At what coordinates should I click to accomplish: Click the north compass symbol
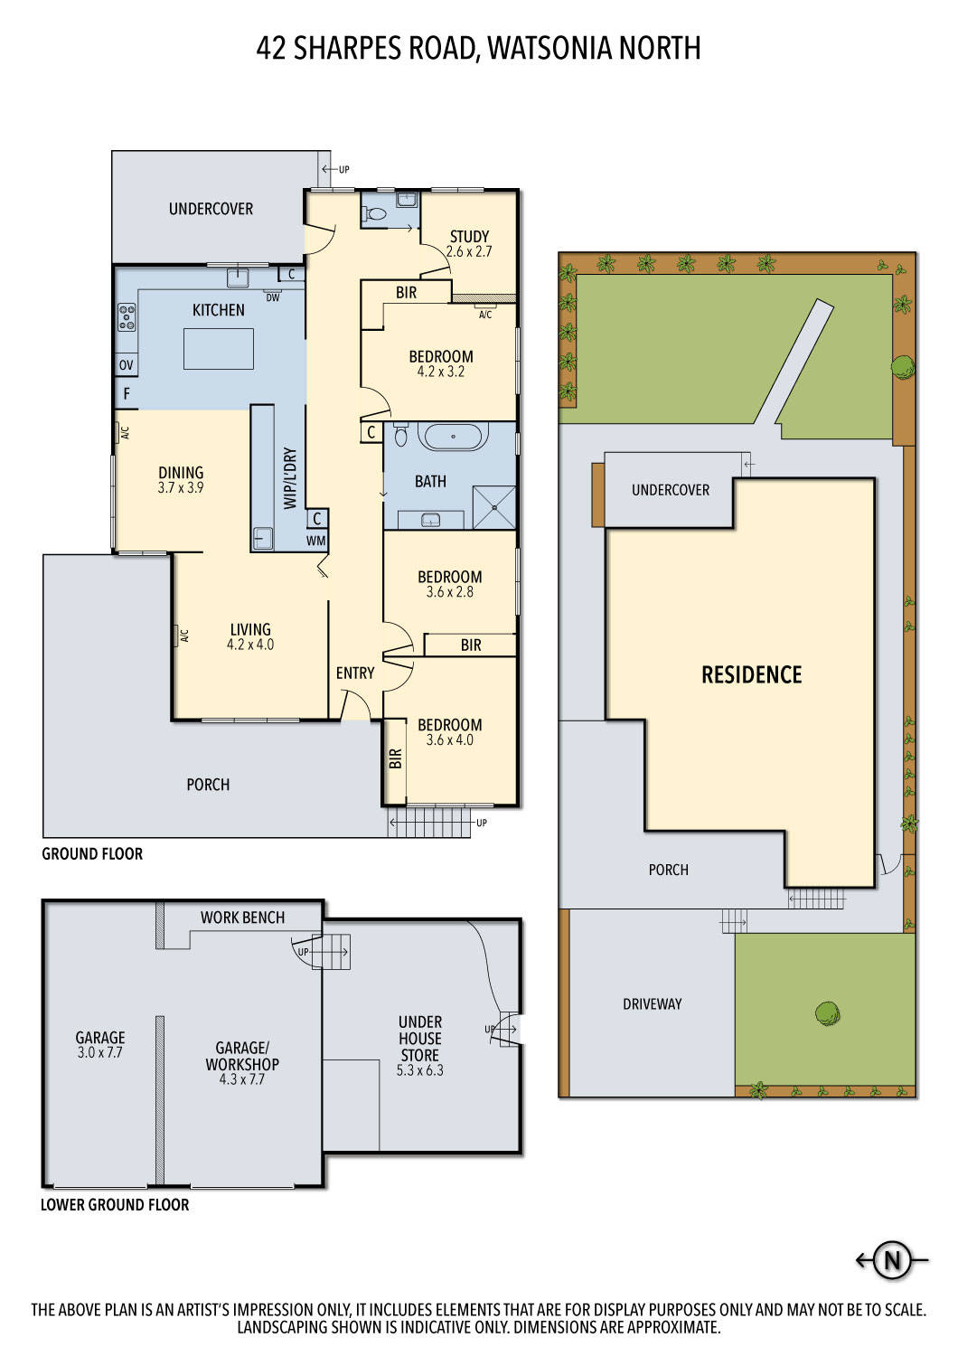pyautogui.click(x=892, y=1260)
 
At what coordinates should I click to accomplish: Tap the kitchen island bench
pyautogui.click(x=218, y=349)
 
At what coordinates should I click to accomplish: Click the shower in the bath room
pyautogui.click(x=494, y=507)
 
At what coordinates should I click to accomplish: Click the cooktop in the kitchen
pyautogui.click(x=127, y=316)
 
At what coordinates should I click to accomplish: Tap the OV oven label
pyautogui.click(x=127, y=365)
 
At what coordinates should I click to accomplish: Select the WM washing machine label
pyautogui.click(x=315, y=541)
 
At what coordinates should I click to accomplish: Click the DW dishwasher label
pyautogui.click(x=272, y=297)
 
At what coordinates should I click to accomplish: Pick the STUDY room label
pyautogui.click(x=469, y=237)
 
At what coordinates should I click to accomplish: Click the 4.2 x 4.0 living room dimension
pyautogui.click(x=250, y=645)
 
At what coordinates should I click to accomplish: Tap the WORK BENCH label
pyautogui.click(x=242, y=918)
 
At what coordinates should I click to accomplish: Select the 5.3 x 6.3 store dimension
pyautogui.click(x=419, y=1070)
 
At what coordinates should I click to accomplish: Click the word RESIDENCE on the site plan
pyautogui.click(x=751, y=674)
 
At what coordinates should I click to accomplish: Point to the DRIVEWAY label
pyautogui.click(x=652, y=1004)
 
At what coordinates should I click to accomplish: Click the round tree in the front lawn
pyautogui.click(x=827, y=1013)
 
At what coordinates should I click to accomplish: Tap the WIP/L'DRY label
pyautogui.click(x=290, y=479)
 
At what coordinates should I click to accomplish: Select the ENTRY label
pyautogui.click(x=354, y=673)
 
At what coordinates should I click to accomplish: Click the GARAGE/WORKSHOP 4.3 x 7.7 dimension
pyautogui.click(x=241, y=1079)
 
